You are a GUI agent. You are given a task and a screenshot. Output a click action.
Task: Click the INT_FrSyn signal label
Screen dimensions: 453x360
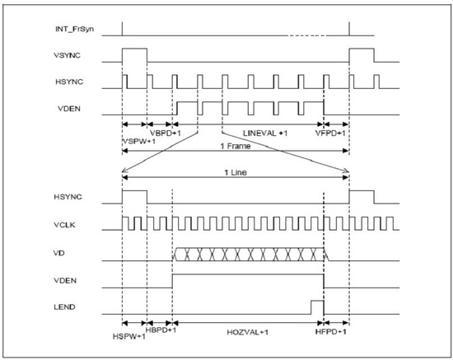pos(74,29)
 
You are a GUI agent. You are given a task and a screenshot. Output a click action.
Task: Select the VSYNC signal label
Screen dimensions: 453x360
pos(67,55)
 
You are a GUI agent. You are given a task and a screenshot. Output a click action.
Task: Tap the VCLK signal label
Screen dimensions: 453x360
pos(64,225)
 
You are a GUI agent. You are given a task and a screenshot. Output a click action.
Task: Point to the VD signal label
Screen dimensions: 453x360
pos(59,253)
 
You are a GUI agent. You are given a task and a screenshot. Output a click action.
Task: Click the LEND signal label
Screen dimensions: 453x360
pos(64,306)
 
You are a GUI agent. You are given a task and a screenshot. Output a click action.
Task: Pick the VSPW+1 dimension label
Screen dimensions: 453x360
pos(139,142)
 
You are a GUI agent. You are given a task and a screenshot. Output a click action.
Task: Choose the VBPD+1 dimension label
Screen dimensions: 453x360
pos(166,133)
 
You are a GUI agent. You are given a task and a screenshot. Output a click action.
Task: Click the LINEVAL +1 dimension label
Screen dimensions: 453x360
pos(265,133)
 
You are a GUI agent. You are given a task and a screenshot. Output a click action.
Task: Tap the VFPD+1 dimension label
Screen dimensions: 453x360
pos(330,133)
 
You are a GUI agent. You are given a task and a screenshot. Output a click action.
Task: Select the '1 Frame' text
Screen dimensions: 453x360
pos(236,146)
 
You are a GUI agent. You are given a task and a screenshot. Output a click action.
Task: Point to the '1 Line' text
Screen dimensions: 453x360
pos(236,172)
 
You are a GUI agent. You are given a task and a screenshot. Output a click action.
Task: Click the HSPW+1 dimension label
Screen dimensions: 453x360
pos(128,336)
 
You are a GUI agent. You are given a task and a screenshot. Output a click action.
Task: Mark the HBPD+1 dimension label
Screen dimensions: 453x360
pos(161,330)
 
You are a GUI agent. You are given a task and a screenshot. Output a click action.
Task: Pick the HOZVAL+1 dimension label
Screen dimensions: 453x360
pos(248,332)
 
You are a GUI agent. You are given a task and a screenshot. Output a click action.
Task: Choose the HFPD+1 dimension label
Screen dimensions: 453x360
pos(331,331)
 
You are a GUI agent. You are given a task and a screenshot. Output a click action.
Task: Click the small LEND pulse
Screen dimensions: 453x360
pos(317,301)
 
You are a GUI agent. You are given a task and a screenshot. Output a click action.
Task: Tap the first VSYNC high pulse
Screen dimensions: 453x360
pos(134,49)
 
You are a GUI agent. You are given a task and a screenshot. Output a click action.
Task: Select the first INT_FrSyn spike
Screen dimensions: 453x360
pos(122,29)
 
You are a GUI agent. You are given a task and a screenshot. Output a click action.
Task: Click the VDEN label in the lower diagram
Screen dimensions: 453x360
pos(65,281)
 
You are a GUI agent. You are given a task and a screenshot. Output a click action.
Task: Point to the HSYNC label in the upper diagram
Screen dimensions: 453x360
pos(69,82)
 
